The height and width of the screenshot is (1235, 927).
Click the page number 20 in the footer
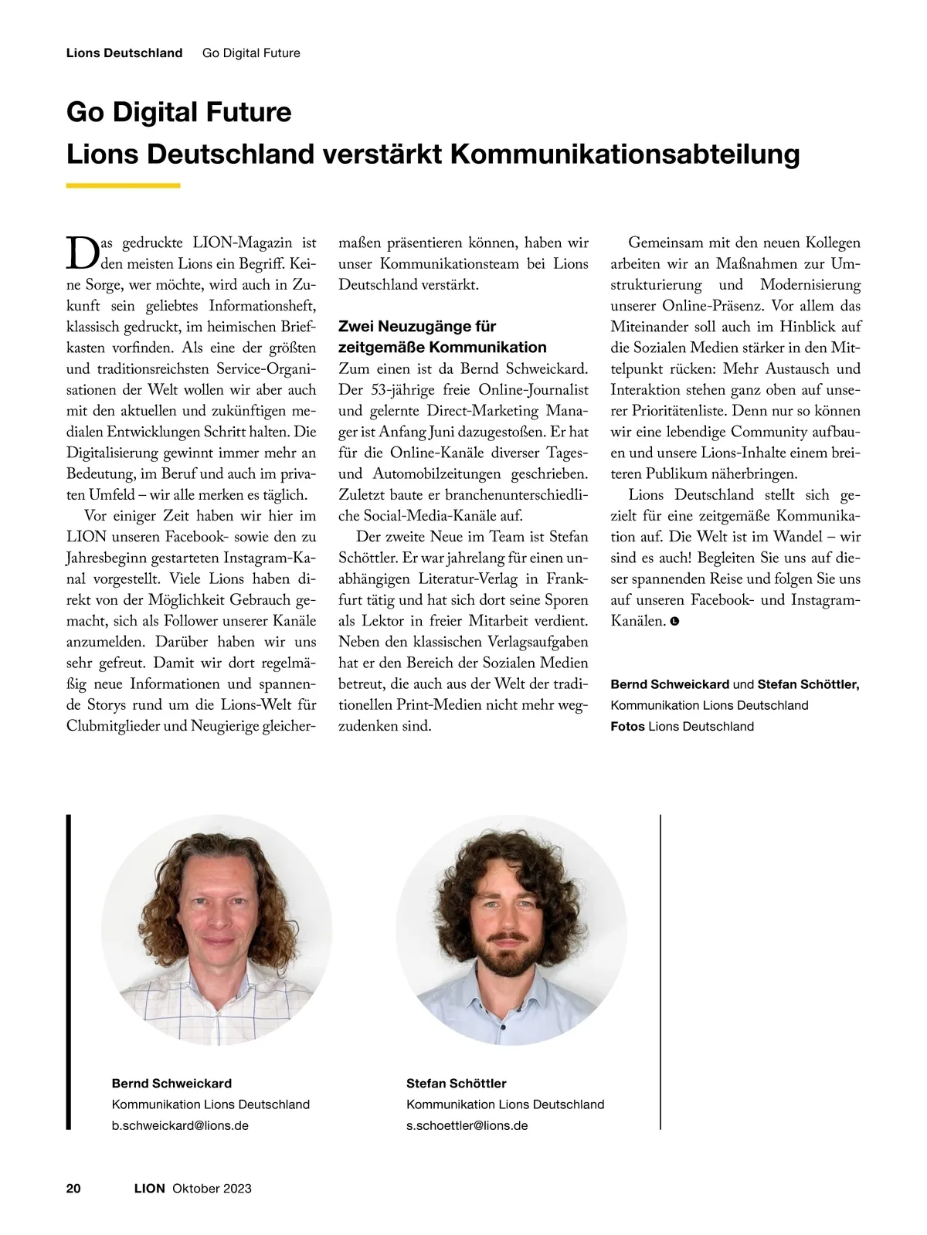[73, 1189]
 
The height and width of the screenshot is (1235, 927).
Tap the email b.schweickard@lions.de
[180, 1125]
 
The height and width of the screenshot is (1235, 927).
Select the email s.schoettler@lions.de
[467, 1125]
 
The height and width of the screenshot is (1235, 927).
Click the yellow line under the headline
[123, 185]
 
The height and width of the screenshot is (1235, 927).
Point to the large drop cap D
[81, 252]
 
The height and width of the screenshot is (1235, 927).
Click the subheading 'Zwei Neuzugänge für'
[417, 326]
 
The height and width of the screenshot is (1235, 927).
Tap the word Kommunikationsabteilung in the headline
[624, 154]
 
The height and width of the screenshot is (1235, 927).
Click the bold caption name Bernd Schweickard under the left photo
[171, 1084]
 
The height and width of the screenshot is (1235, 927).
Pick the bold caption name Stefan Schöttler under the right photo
[456, 1084]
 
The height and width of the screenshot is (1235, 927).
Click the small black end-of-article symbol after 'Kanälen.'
[674, 621]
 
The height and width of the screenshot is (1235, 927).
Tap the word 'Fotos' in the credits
[627, 726]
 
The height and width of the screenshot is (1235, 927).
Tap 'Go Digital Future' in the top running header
[251, 53]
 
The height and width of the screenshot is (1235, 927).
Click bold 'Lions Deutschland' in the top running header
[124, 53]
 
